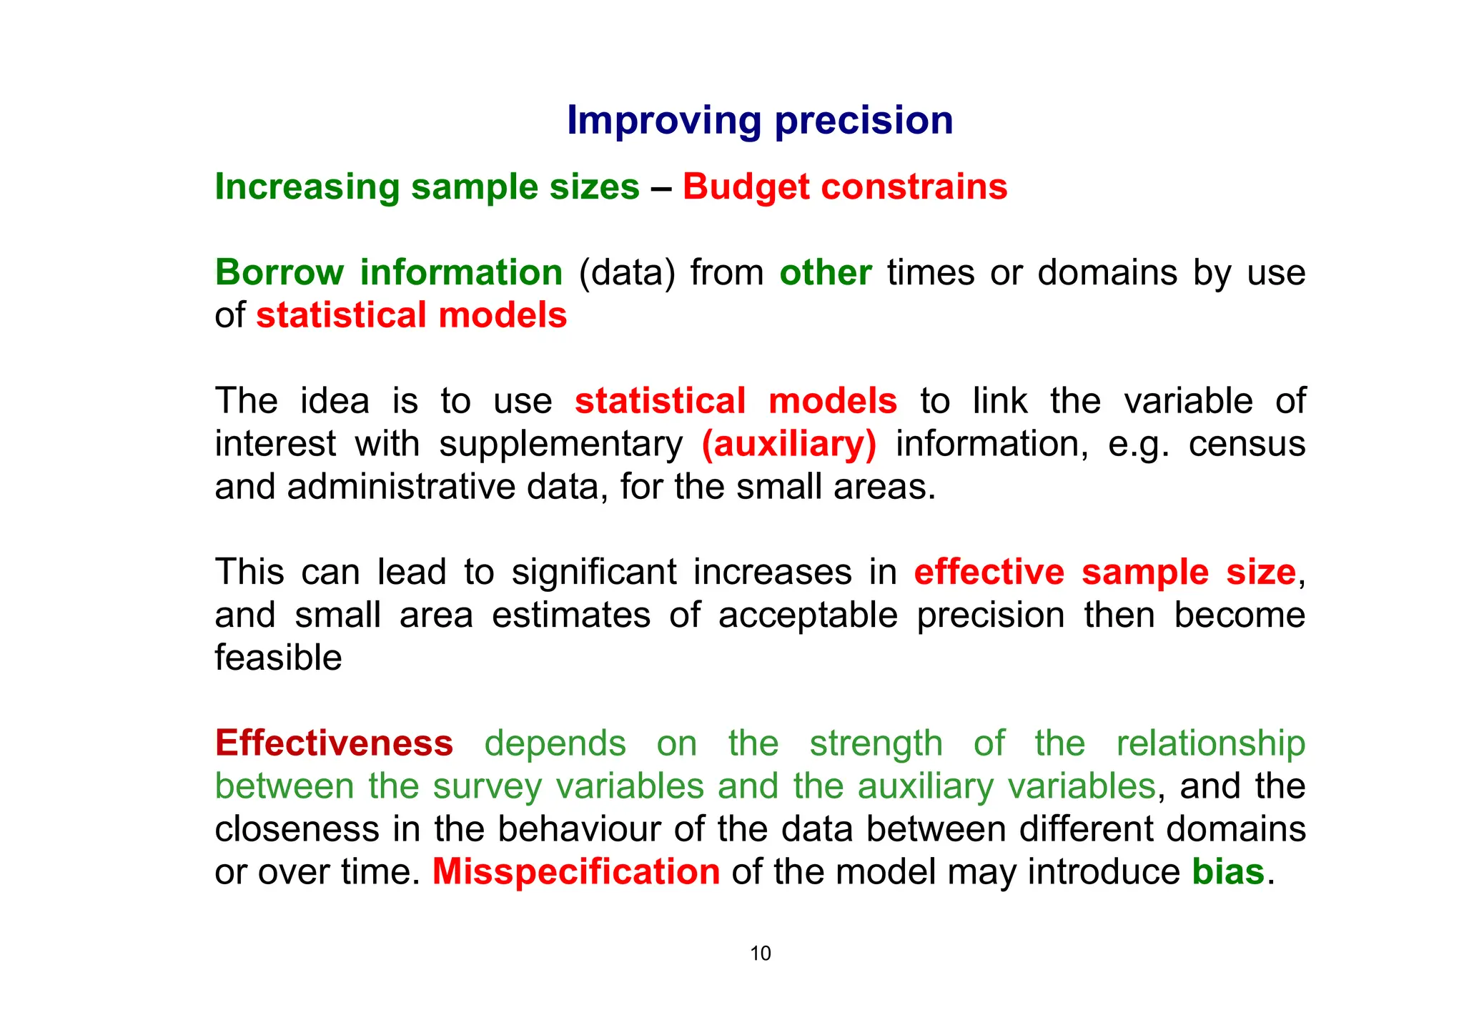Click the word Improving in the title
pyautogui.click(x=663, y=120)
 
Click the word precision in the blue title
pyautogui.click(x=864, y=120)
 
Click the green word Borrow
pyautogui.click(x=279, y=273)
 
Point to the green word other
pyautogui.click(x=825, y=273)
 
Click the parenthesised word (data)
pyautogui.click(x=626, y=273)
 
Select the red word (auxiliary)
pyautogui.click(x=788, y=444)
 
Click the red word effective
pyautogui.click(x=989, y=573)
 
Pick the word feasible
pyautogui.click(x=278, y=658)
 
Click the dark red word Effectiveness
pyautogui.click(x=334, y=743)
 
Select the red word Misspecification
pyautogui.click(x=576, y=872)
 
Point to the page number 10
pyautogui.click(x=760, y=954)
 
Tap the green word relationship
pyautogui.click(x=1210, y=743)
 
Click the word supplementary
pyautogui.click(x=560, y=444)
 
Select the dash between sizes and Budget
pyautogui.click(x=661, y=188)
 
